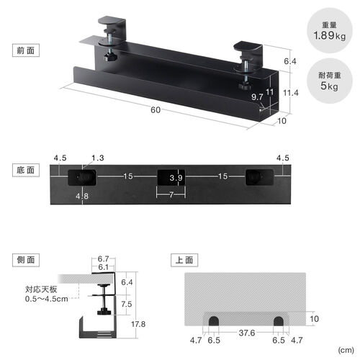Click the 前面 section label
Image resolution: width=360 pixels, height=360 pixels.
tap(26, 51)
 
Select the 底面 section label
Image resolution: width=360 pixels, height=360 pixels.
tap(26, 170)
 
